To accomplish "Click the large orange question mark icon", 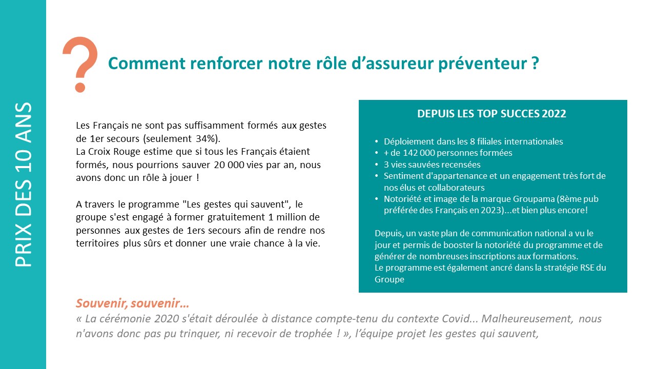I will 80,64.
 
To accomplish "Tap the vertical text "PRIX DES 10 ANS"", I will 24,184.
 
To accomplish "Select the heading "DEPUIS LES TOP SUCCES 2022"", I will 491,114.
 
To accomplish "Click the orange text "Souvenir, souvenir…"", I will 133,303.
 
